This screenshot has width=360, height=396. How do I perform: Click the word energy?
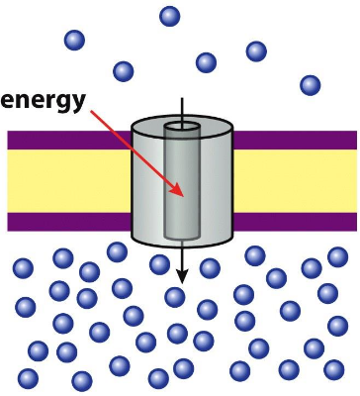click(45, 99)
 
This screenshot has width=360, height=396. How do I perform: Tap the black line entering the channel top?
click(182, 111)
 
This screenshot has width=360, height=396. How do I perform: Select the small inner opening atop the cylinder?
click(182, 128)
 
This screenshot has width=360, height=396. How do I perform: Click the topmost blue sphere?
click(170, 15)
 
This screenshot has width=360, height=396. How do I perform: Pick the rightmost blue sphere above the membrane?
click(311, 85)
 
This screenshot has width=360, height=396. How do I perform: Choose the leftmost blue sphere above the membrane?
click(74, 41)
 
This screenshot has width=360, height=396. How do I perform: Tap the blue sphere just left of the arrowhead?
click(158, 264)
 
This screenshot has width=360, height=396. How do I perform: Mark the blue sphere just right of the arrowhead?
click(210, 267)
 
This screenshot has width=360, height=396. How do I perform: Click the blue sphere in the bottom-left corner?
click(28, 377)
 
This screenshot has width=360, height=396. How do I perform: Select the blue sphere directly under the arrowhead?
click(175, 297)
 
